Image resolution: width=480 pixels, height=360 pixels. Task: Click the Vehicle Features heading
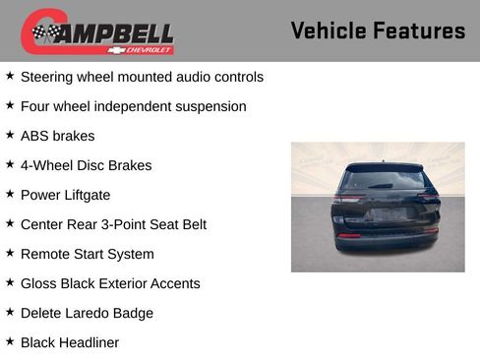tap(378, 30)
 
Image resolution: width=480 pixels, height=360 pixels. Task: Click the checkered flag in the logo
tap(44, 32)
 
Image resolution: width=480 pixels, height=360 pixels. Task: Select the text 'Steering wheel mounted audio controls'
tap(142, 77)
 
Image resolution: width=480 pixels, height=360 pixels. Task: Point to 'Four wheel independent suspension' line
tap(133, 106)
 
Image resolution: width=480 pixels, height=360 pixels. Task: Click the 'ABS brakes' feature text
tap(57, 136)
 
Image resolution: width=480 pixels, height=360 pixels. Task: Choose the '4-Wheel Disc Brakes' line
tap(86, 165)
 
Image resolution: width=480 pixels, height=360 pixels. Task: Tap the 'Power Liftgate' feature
tap(65, 195)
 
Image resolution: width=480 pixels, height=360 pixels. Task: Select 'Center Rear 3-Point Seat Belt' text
tap(113, 224)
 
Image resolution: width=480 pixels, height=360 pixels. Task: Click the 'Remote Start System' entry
tap(87, 254)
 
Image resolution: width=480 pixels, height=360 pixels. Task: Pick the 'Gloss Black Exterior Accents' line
tap(110, 283)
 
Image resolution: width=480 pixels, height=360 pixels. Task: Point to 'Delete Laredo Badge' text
tap(87, 313)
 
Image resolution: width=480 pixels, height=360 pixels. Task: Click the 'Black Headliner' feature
tap(69, 342)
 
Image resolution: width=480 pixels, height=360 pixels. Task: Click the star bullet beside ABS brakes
tap(10, 135)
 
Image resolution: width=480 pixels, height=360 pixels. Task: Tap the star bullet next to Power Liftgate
tap(10, 194)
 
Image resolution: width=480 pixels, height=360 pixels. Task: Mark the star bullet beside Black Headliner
tap(10, 341)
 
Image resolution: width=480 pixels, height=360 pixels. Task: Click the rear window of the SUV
tap(382, 181)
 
